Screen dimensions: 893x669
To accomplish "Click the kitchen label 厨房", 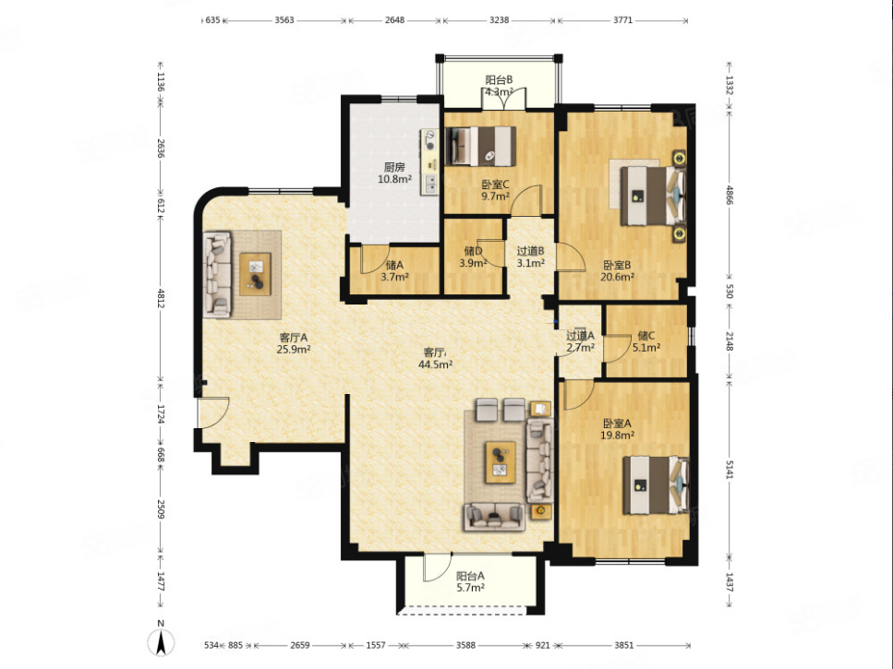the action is tap(394, 167).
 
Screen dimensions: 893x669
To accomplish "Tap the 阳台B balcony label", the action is tap(499, 80).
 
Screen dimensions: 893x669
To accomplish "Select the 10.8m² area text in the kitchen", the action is tap(394, 179).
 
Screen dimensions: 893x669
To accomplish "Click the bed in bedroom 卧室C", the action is tap(481, 146).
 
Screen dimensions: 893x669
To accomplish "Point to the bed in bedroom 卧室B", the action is tap(653, 196).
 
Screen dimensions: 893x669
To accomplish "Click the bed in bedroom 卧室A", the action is tap(656, 484).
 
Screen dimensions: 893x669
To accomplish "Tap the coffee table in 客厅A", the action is tap(255, 274).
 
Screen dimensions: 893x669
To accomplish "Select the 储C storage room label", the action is tap(646, 336).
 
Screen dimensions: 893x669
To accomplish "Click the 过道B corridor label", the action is tap(531, 251).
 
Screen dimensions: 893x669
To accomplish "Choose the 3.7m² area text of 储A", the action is tap(394, 277).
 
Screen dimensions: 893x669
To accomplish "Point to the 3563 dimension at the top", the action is tap(284, 20).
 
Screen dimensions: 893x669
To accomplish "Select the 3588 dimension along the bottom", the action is tap(465, 645).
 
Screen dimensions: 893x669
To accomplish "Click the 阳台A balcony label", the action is tap(470, 576).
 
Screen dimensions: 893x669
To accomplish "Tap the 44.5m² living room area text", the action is tap(436, 364).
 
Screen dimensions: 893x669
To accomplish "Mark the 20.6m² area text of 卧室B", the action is tap(618, 277).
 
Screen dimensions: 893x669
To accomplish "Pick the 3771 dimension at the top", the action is tap(622, 20).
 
